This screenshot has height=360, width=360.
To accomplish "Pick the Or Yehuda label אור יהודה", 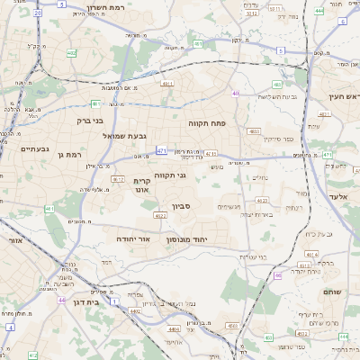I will point(132,239).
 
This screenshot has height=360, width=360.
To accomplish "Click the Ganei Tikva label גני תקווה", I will point(170,175).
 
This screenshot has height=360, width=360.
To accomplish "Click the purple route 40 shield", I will point(235,93).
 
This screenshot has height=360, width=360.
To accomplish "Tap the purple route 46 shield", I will point(278,275).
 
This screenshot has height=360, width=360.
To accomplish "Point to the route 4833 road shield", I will point(253,131).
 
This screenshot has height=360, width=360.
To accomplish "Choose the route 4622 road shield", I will point(160,215).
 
